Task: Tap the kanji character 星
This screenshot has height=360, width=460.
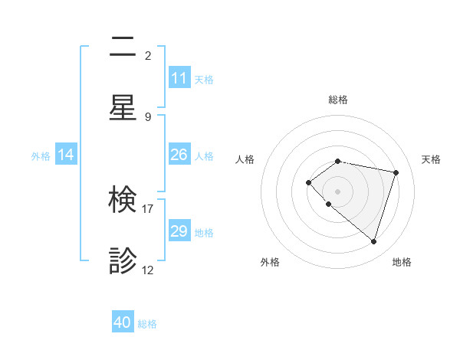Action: pos(123,107)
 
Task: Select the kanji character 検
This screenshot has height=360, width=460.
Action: pos(123,201)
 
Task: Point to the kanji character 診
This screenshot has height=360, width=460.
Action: pos(123,261)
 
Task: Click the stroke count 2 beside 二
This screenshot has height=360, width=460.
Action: pos(148,56)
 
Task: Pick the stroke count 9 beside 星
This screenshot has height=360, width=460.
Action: pos(148,116)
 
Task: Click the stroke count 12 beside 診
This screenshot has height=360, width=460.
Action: pos(148,270)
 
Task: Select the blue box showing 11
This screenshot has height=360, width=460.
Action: pos(179,78)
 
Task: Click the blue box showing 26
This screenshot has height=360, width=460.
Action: pos(179,155)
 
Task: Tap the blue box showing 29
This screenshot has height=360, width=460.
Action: pos(179,231)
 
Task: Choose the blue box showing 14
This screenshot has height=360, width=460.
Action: pos(66,155)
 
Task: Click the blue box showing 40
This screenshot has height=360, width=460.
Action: pos(123,323)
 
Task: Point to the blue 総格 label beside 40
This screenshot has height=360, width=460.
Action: pos(148,324)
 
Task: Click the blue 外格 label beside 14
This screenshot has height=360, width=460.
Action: pos(41,155)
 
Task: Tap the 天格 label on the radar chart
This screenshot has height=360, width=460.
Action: pos(431,159)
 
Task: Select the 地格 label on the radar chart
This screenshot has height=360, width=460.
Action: pos(402,263)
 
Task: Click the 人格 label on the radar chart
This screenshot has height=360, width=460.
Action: pos(245,159)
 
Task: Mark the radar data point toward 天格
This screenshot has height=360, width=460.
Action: pos(396,172)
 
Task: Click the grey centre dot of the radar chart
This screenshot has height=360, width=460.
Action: pos(338,191)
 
